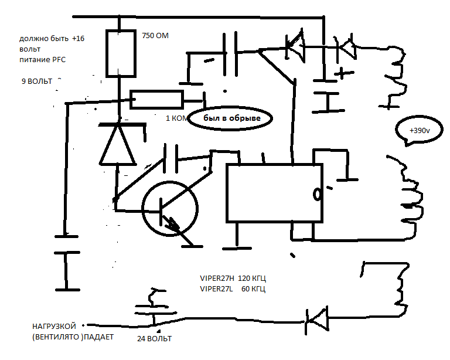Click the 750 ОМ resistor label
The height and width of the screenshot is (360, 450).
click(155, 36)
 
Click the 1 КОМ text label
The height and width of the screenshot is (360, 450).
click(178, 118)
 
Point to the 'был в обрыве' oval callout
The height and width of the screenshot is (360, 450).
click(231, 118)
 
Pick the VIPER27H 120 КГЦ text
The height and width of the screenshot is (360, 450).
click(237, 278)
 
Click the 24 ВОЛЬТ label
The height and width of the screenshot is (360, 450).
click(155, 339)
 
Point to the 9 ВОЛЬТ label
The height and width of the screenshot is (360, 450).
click(36, 81)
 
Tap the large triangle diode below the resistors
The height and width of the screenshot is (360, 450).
click(120, 144)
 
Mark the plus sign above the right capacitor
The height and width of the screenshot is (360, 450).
click(343, 74)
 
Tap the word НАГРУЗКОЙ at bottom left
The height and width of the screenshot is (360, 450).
click(54, 326)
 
